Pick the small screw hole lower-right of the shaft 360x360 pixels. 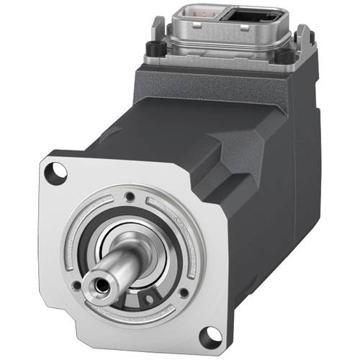point(184,292)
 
